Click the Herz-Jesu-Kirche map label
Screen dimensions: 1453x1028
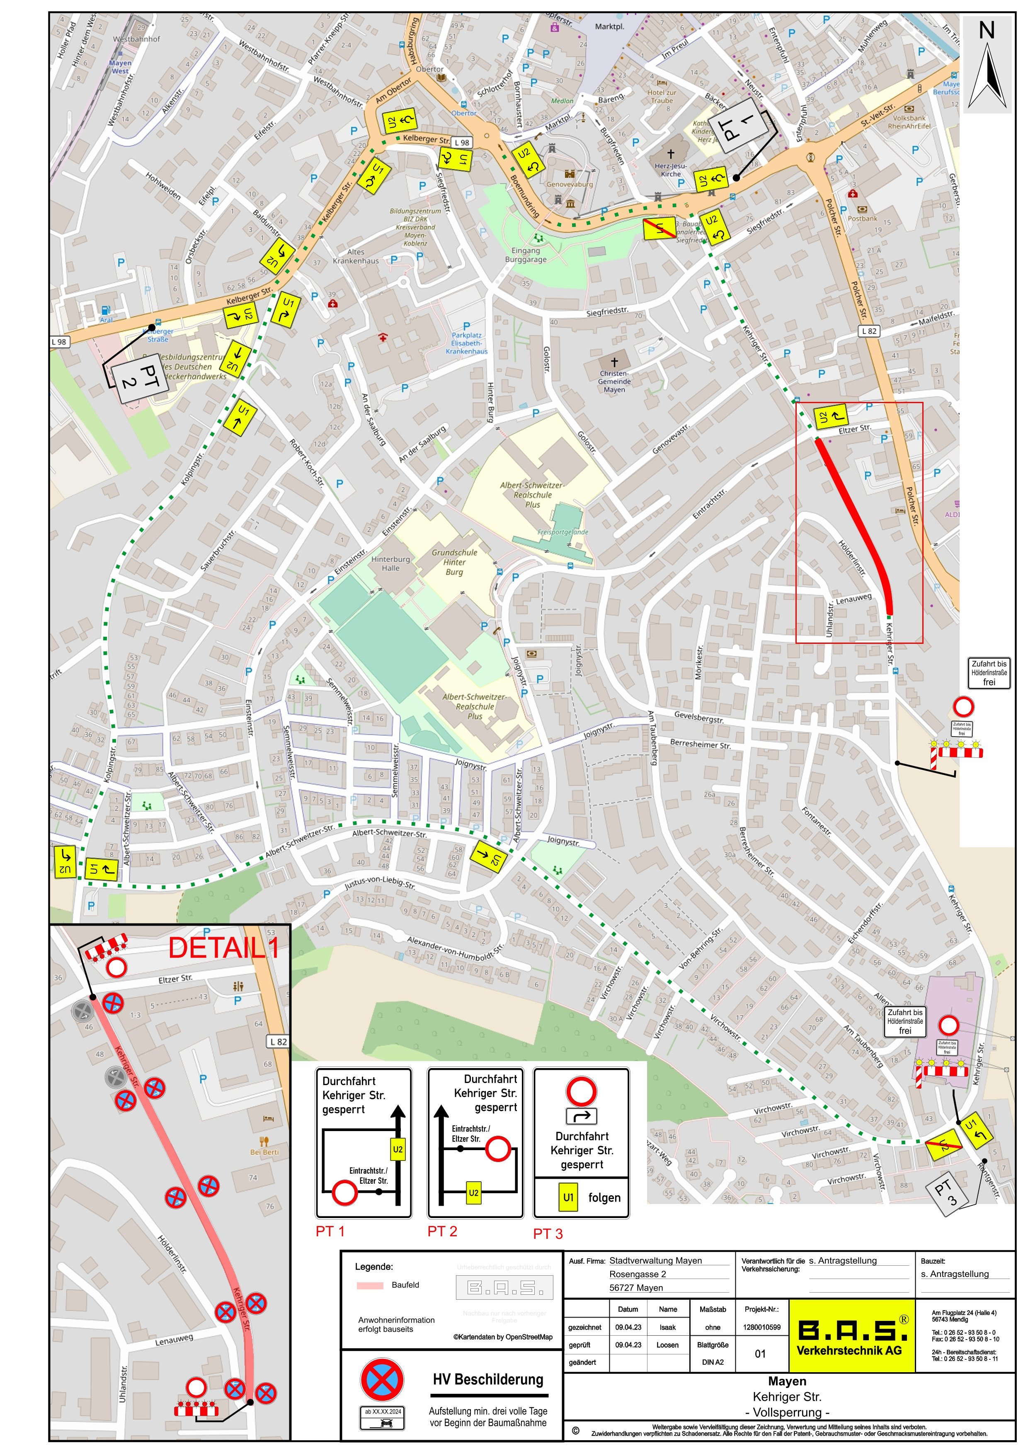pos(671,169)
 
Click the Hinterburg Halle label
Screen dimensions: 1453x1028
pos(390,563)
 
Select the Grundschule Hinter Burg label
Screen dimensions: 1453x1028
pos(454,561)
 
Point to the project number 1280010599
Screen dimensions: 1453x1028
pos(762,1328)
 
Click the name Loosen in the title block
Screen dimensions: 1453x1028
pos(667,1345)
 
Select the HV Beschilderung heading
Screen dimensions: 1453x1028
pos(488,1380)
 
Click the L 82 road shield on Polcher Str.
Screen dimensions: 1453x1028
pos(870,331)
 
